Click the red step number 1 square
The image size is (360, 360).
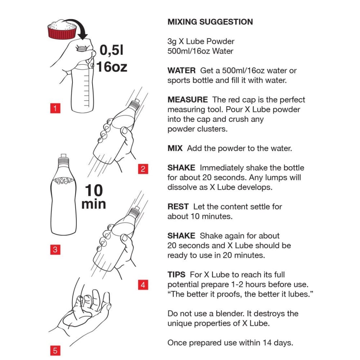(x=55, y=108)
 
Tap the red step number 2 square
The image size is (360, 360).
(x=143, y=169)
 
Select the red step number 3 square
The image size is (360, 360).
(x=55, y=249)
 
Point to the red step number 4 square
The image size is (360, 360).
(x=143, y=285)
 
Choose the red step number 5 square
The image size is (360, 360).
(x=55, y=351)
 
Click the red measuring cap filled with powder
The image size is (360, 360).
(x=62, y=30)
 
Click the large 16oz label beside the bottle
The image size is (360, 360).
(x=112, y=67)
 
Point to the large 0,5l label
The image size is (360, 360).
(x=112, y=50)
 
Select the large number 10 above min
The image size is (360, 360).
(x=94, y=190)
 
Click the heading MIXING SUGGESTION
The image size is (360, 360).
(x=210, y=22)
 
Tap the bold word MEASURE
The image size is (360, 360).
(x=188, y=100)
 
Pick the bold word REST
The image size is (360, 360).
(x=178, y=207)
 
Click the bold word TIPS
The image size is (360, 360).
(x=176, y=275)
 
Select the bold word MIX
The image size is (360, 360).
(x=175, y=148)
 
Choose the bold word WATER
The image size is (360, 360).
(x=181, y=71)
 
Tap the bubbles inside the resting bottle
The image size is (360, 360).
(x=63, y=180)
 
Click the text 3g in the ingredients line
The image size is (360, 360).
(x=172, y=42)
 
